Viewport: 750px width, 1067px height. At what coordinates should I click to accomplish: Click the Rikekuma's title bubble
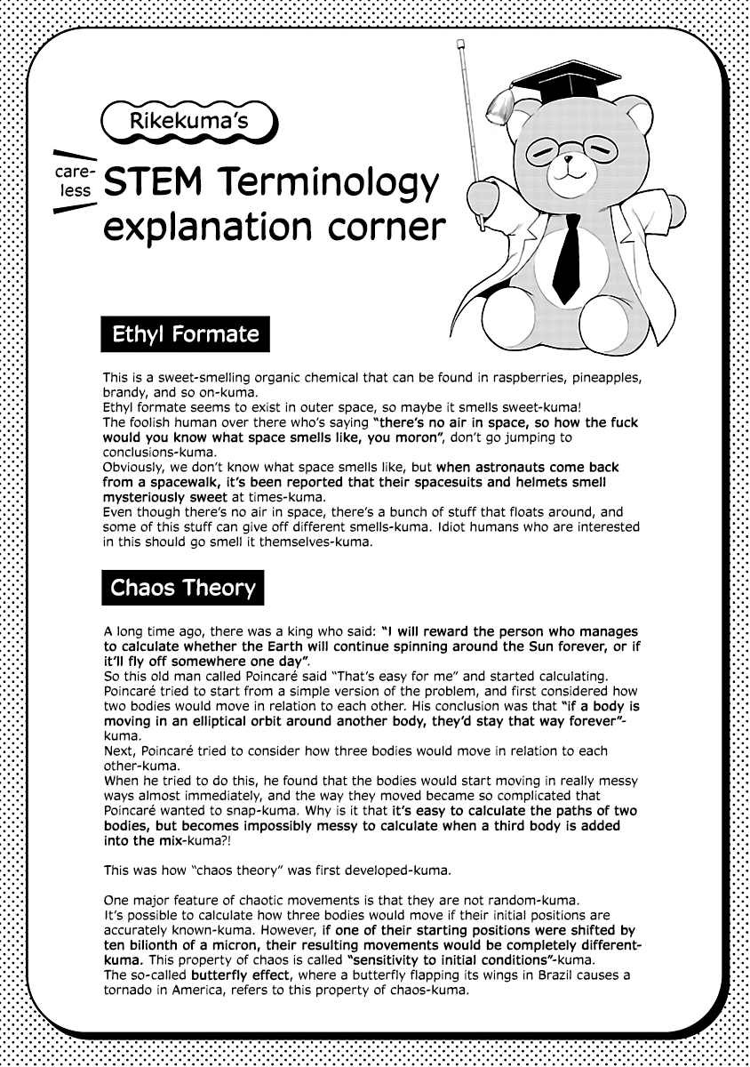click(188, 122)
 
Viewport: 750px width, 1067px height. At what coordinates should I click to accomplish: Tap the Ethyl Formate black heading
click(185, 334)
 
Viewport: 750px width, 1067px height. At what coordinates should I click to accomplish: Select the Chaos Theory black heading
click(182, 588)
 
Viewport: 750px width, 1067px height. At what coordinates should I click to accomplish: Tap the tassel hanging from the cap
click(497, 107)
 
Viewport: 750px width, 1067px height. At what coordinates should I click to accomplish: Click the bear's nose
click(566, 163)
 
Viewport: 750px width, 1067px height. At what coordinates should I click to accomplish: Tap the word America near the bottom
click(195, 989)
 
